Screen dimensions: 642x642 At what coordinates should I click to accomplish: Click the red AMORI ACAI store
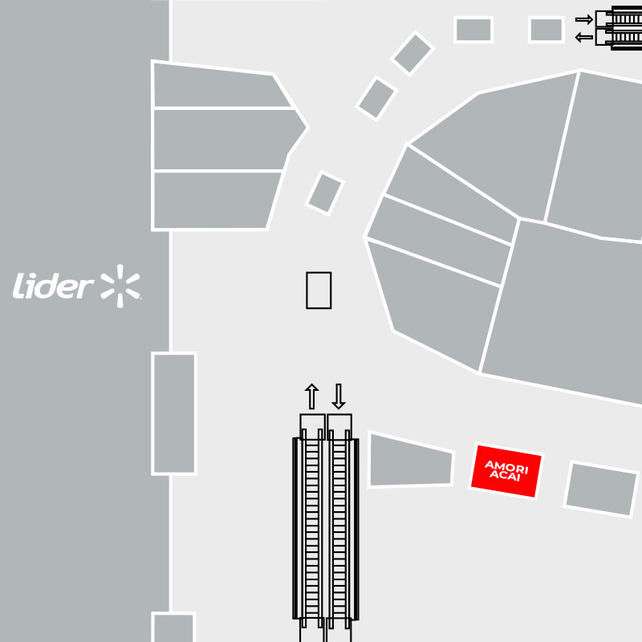(x=506, y=471)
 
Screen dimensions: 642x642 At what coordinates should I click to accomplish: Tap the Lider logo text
(x=53, y=286)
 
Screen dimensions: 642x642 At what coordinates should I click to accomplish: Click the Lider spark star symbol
(x=120, y=286)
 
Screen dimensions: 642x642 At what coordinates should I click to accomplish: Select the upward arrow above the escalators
(x=312, y=396)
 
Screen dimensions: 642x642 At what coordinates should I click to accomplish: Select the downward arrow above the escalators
(x=339, y=396)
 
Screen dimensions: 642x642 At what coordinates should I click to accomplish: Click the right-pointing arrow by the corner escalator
(x=584, y=19)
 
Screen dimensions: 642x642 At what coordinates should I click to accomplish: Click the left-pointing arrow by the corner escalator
(x=584, y=38)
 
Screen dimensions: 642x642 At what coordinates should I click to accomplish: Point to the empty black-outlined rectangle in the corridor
(x=319, y=291)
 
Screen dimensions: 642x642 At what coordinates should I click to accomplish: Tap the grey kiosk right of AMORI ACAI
(x=601, y=490)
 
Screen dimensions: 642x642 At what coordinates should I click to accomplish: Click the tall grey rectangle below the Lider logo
(x=174, y=413)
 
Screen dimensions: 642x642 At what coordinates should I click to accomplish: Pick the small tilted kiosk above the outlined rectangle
(x=325, y=193)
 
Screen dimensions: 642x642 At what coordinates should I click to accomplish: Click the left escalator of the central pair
(x=311, y=528)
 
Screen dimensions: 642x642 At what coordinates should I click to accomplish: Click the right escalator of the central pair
(x=339, y=528)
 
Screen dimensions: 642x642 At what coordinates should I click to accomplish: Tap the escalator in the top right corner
(x=619, y=28)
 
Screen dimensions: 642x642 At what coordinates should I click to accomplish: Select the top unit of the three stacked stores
(x=221, y=85)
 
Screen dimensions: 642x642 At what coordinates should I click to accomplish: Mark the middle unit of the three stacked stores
(x=228, y=139)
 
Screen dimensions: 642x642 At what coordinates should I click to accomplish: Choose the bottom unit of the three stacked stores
(x=216, y=200)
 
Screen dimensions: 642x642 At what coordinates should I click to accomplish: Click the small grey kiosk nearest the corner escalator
(x=547, y=30)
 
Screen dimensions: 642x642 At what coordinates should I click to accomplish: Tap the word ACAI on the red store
(x=505, y=476)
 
